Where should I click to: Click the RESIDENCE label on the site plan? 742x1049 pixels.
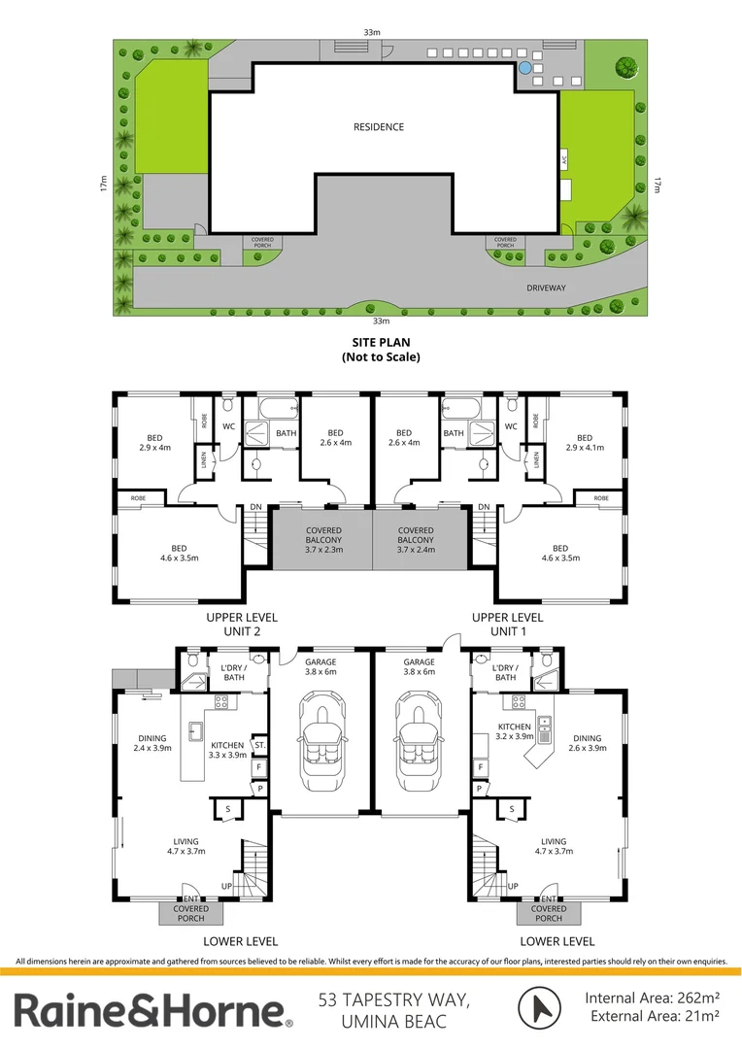click(379, 127)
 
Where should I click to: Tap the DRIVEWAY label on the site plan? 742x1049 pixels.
click(546, 288)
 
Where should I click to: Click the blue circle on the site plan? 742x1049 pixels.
click(524, 69)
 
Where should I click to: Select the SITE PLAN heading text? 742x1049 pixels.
click(380, 350)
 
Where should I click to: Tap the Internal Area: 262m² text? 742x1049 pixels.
click(652, 998)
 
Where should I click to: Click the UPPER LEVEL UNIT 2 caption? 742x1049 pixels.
click(242, 625)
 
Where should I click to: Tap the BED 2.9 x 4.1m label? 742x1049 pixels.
click(584, 443)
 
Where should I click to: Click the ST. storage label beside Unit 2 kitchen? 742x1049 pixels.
click(258, 745)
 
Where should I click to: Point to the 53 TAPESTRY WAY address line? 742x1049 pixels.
click(394, 998)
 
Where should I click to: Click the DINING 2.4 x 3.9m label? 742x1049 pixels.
click(152, 744)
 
